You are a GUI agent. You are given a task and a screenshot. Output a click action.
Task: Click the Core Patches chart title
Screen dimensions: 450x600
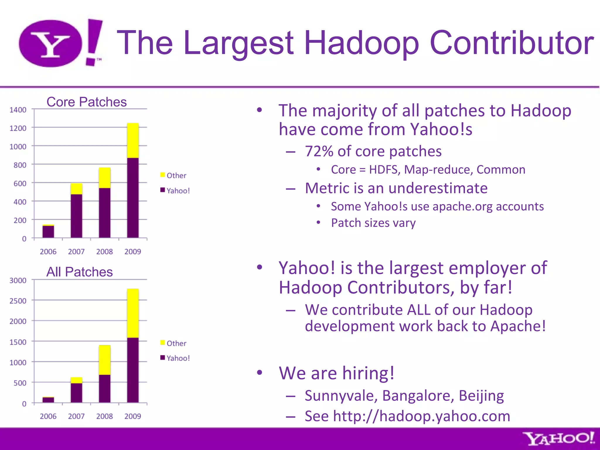[86, 102]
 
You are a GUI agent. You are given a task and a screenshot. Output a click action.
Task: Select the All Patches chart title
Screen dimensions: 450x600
[79, 272]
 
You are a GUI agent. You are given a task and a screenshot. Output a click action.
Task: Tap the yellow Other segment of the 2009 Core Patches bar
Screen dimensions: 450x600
[133, 141]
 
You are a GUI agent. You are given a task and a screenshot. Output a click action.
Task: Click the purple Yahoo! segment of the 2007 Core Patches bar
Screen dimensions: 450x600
[76, 216]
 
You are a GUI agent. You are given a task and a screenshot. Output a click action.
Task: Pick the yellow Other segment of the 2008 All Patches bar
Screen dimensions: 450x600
[105, 360]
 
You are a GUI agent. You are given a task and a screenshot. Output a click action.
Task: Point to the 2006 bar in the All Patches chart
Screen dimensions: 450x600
[48, 400]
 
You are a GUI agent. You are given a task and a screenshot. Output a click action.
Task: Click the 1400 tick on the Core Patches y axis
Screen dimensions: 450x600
[18, 110]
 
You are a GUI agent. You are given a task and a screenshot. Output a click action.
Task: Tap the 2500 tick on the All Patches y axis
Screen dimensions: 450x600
[18, 301]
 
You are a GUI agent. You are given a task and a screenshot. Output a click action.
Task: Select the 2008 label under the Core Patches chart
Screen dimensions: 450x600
[104, 252]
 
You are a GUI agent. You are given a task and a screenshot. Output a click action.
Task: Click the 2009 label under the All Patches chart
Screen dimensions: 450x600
[132, 416]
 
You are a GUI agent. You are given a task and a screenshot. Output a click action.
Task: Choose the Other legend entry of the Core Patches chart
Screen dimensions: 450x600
[173, 175]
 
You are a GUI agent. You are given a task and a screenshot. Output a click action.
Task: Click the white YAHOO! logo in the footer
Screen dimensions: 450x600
[558, 439]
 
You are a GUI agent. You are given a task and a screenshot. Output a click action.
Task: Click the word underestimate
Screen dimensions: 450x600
[437, 188]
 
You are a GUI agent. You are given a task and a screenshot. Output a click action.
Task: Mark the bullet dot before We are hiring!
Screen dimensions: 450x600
[259, 373]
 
